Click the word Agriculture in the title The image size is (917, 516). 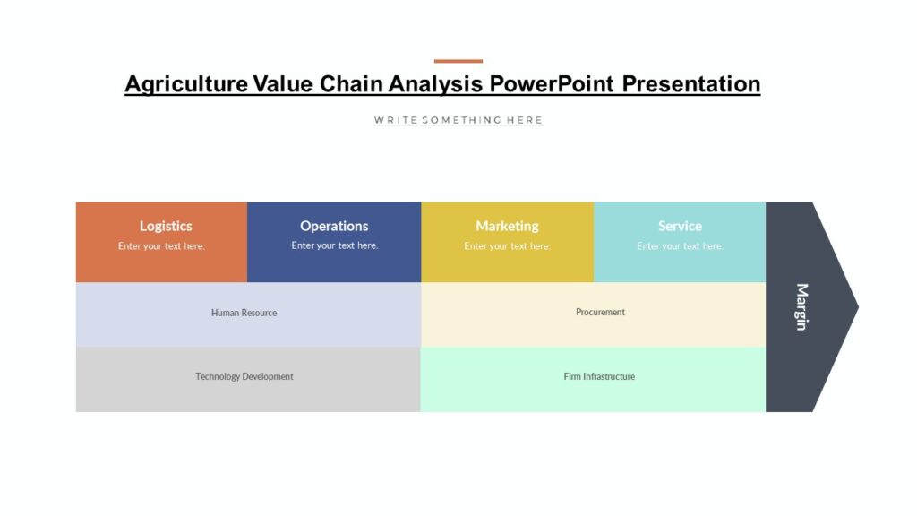186,84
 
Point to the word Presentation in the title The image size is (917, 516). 691,84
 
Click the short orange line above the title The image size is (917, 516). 458,61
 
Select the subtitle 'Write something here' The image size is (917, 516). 458,120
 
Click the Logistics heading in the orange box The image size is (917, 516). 166,226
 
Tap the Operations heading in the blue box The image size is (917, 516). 334,226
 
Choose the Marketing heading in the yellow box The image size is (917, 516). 507,226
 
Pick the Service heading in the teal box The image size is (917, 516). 680,226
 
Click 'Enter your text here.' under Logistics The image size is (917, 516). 161,246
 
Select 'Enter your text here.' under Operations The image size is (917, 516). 335,245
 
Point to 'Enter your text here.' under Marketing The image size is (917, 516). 507,246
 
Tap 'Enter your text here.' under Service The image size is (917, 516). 680,246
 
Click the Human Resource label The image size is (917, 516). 244,313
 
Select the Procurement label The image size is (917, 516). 600,312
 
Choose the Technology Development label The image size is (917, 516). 244,376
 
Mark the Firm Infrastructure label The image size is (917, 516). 599,376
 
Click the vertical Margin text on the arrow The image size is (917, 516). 801,306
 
